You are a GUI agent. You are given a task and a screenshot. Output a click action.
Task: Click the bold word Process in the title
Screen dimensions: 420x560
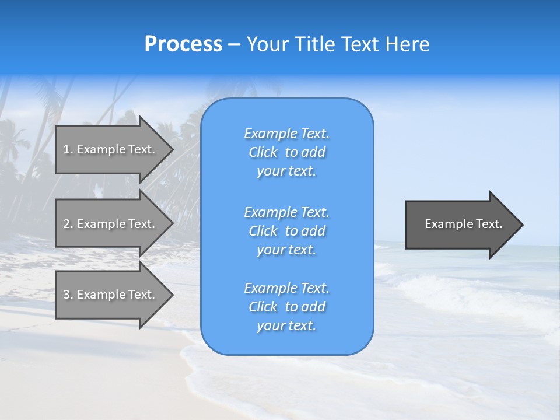tap(183, 44)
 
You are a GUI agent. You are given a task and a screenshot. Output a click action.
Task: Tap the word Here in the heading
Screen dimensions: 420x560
tap(407, 44)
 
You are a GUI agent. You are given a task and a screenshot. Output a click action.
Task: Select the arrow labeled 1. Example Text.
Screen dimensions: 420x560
tap(111, 149)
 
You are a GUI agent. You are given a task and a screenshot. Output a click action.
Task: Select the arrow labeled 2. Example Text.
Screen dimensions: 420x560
tap(111, 224)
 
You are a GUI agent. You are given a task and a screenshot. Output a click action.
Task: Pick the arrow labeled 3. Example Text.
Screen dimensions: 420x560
tap(111, 295)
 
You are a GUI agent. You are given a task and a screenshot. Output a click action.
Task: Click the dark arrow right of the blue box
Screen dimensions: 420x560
tap(461, 225)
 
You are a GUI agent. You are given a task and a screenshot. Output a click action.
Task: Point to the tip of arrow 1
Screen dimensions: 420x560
tap(172, 149)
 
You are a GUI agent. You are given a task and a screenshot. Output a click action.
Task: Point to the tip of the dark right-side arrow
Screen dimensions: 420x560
tap(522, 225)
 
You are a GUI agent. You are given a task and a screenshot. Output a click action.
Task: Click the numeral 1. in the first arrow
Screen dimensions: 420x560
tap(68, 149)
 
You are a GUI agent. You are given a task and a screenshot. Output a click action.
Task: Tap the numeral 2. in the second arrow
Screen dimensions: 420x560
tap(68, 224)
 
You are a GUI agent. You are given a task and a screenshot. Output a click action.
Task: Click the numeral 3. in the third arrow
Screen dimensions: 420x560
tap(68, 295)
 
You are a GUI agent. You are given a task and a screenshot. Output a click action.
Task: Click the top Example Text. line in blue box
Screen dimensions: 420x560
tap(286, 134)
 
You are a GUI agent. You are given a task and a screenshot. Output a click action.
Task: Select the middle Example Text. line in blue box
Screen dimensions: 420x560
tap(286, 212)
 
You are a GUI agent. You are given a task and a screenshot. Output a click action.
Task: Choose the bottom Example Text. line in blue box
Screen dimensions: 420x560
tap(286, 288)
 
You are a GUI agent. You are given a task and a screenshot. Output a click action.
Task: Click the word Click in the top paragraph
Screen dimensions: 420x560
tap(262, 152)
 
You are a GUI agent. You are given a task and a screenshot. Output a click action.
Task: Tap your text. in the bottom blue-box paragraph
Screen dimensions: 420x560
tap(286, 325)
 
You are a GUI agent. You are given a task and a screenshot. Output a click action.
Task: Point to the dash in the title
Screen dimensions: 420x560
tap(234, 44)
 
